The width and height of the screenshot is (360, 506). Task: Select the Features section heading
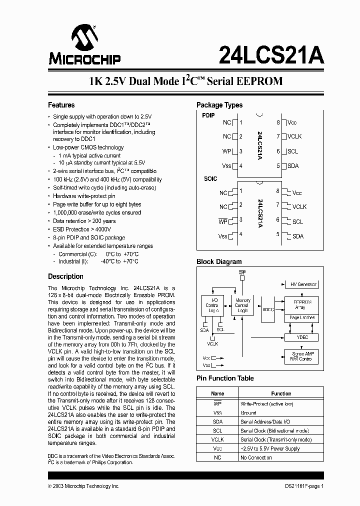point(61,105)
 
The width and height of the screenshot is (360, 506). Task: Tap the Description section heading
point(65,276)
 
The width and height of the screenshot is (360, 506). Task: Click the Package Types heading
point(219,105)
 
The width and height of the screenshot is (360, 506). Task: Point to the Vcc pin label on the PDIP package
point(292,122)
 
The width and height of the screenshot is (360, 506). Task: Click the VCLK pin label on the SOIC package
point(299,206)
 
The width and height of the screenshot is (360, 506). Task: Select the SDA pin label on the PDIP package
point(293,166)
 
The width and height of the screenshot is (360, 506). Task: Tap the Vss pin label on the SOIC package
point(223,236)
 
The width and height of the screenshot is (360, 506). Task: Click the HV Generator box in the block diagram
point(303,284)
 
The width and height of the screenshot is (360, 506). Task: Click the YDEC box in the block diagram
point(302,337)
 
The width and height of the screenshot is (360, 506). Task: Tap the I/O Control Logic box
point(212,305)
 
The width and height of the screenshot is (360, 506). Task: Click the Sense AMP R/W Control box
point(301,356)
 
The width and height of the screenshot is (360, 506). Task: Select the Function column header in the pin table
point(281,393)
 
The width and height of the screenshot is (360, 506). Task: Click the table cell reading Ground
point(248,413)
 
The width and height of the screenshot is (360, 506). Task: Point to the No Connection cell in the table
point(256,457)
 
